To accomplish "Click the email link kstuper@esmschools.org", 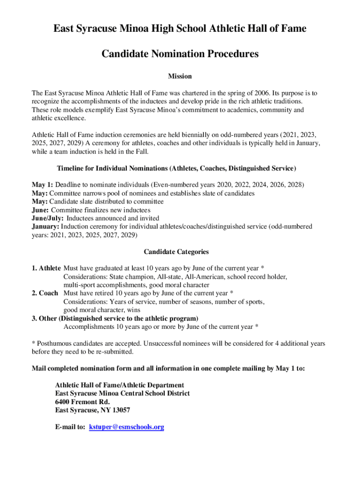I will coord(126,427).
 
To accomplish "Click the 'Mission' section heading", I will coord(180,76).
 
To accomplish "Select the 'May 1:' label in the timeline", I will coord(42,185).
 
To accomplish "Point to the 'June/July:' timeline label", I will coord(48,218).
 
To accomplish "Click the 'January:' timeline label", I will coord(45,226).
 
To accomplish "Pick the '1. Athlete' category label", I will coord(46,268).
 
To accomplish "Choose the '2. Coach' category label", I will coord(45,293).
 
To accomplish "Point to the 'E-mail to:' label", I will coord(70,427).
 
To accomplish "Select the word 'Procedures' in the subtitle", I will coord(229,54).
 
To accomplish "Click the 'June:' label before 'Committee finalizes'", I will coord(40,210).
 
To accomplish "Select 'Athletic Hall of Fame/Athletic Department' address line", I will coord(119,385).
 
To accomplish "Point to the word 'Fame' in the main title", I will coord(293,29).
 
